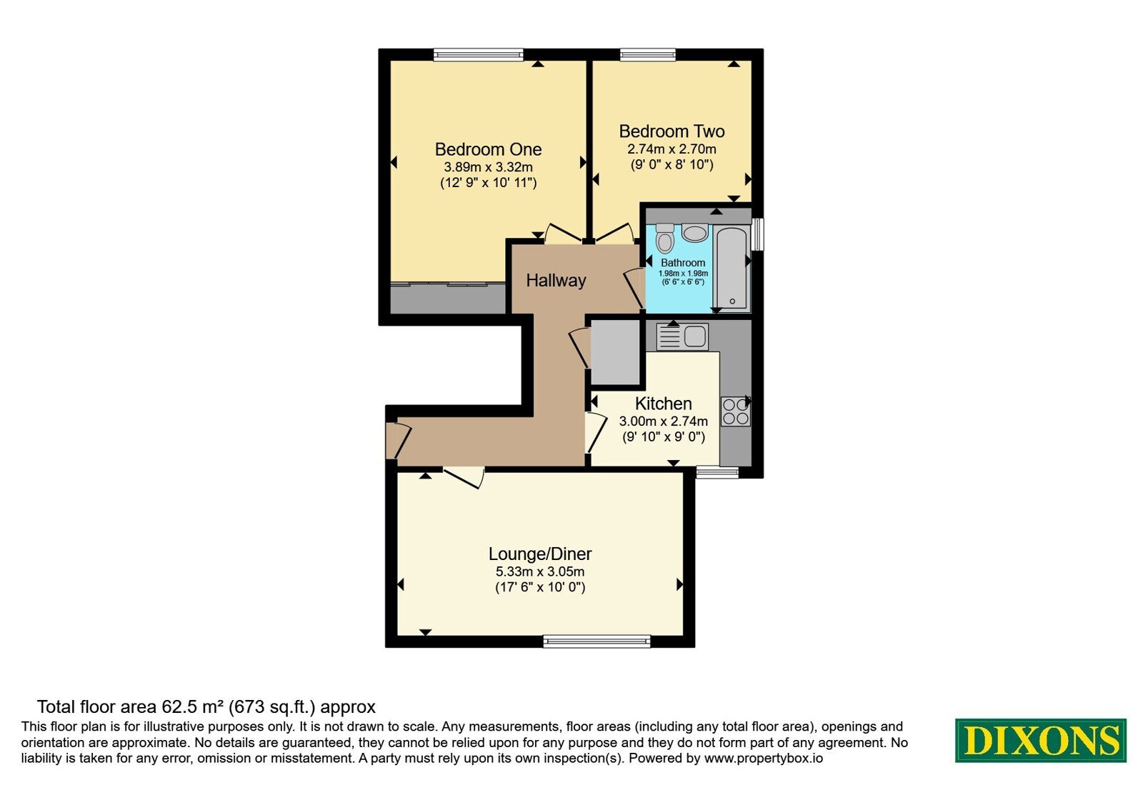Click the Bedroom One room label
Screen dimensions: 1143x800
pyautogui.click(x=488, y=149)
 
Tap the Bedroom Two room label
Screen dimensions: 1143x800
pyautogui.click(x=672, y=131)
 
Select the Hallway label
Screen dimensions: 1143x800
pyautogui.click(x=556, y=281)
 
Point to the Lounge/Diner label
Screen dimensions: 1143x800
pyautogui.click(x=540, y=554)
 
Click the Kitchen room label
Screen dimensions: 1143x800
pyautogui.click(x=664, y=404)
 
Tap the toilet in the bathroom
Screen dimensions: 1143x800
pyautogui.click(x=665, y=239)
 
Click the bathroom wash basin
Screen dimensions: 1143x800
pyautogui.click(x=695, y=233)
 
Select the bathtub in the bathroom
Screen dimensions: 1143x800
pyautogui.click(x=732, y=268)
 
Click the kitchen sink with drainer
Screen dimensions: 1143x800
pyautogui.click(x=682, y=336)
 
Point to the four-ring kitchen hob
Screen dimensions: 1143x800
pyautogui.click(x=735, y=411)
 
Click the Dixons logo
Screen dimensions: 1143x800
pyautogui.click(x=1040, y=740)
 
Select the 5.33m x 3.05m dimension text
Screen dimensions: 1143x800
pyautogui.click(x=540, y=571)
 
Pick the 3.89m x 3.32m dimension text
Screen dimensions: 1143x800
pyautogui.click(x=488, y=167)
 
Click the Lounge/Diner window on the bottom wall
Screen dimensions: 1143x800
pyautogui.click(x=597, y=641)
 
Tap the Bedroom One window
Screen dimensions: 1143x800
pyautogui.click(x=478, y=54)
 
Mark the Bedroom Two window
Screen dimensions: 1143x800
pyautogui.click(x=647, y=54)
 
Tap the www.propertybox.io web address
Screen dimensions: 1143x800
pyautogui.click(x=764, y=758)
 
